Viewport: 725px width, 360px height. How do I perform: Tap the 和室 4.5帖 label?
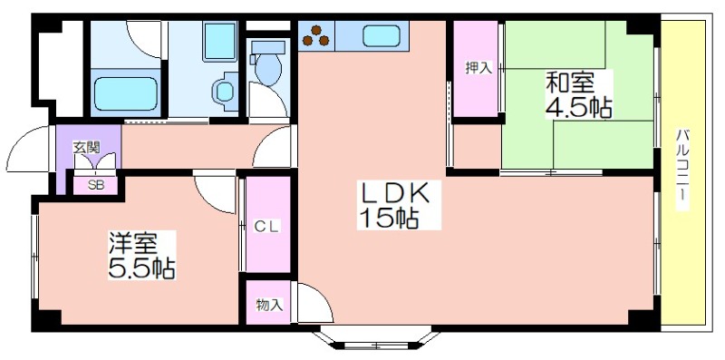[578, 95]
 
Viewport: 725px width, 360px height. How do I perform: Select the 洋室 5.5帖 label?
[141, 256]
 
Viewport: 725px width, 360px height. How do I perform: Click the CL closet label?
[267, 227]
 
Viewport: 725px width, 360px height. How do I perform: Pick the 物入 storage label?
[268, 305]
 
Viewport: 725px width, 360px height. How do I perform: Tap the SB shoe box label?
[96, 185]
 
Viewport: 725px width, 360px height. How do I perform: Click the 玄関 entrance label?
[86, 148]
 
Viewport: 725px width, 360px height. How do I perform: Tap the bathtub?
[126, 93]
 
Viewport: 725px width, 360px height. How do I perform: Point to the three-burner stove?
[316, 36]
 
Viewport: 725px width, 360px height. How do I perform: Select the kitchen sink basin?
[381, 36]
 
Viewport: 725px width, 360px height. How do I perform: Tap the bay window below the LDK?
[376, 340]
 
